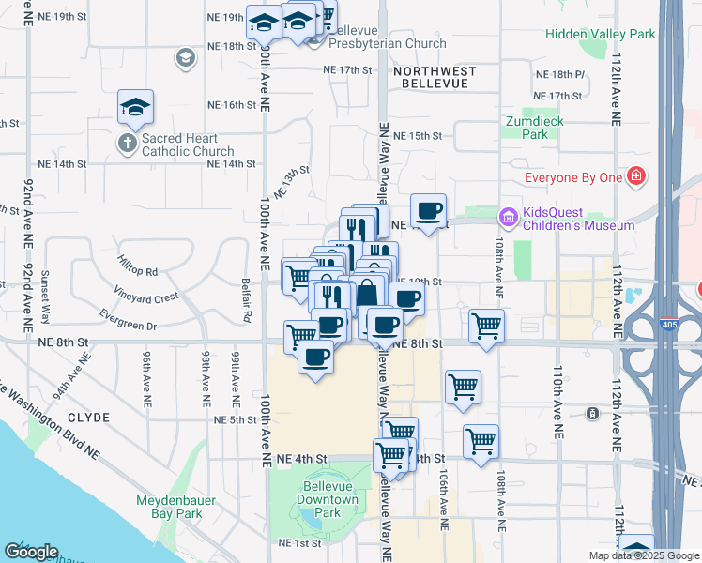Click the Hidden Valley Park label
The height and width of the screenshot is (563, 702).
click(x=616, y=34)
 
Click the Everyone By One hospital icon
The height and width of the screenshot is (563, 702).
click(x=636, y=175)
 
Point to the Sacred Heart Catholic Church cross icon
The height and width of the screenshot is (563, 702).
click(x=127, y=144)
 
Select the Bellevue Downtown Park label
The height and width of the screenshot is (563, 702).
click(x=329, y=500)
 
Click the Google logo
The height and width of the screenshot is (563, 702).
click(x=31, y=553)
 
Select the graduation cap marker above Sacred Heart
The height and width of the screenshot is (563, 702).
click(x=136, y=108)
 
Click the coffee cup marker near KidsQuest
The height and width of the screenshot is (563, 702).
click(x=428, y=212)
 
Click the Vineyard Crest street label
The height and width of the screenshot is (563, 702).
click(x=145, y=297)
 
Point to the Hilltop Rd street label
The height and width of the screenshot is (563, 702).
click(x=138, y=266)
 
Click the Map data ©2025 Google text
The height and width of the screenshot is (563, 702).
click(x=643, y=555)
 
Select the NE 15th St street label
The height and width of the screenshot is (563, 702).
click(x=417, y=136)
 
